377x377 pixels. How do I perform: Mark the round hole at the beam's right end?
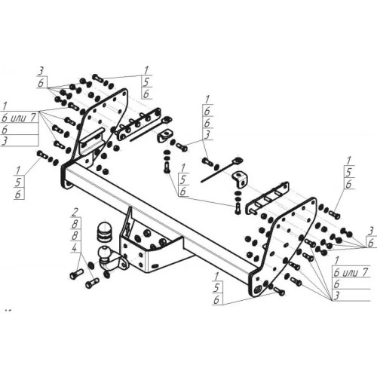click(259, 289)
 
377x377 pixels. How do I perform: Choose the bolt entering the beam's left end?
click(43, 156)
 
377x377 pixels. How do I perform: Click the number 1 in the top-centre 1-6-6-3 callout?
click(205, 98)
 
